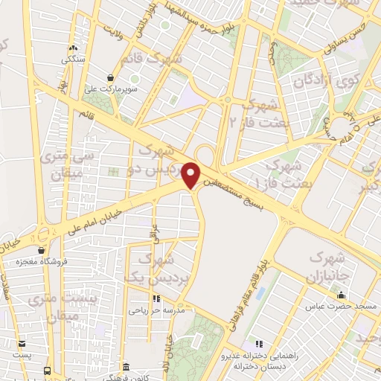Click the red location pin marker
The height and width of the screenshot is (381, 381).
[x=191, y=175]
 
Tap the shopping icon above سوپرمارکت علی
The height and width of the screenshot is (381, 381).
[x=111, y=77]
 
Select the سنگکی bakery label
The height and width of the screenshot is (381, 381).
[x=72, y=57]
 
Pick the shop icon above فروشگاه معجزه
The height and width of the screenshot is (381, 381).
[x=42, y=251]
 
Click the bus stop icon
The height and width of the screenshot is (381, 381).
[x=47, y=369]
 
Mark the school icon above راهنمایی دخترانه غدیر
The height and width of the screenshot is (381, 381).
[x=260, y=343]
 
